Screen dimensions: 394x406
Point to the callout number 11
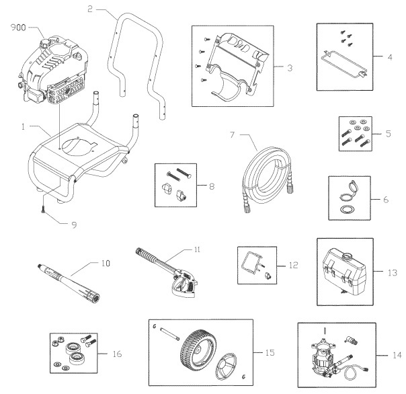[197, 249]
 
